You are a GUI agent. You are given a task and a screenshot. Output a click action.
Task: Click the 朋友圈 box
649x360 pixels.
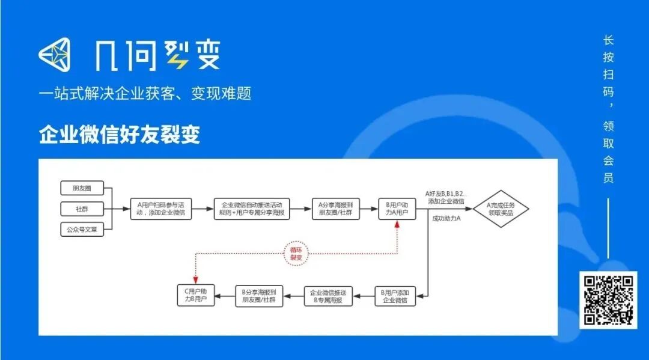(82, 188)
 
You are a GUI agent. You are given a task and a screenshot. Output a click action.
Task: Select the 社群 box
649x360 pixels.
(82, 209)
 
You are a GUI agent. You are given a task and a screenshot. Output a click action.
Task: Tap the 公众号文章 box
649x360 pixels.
(82, 229)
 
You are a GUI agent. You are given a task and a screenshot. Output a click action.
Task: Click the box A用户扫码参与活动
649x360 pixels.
(161, 209)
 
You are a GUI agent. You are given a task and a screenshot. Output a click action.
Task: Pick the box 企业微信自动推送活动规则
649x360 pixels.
(252, 209)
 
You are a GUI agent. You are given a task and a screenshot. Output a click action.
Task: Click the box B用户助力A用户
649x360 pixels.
(397, 209)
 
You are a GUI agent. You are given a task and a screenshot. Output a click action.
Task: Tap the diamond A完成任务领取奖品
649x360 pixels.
(500, 209)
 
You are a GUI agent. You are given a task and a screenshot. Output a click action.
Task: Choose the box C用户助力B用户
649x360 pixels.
(195, 294)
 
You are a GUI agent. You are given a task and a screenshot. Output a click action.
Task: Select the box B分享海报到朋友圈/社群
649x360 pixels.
(258, 294)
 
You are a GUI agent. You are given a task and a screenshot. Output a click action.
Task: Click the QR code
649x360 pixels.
(608, 299)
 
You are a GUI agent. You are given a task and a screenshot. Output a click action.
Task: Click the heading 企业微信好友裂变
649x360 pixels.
(120, 135)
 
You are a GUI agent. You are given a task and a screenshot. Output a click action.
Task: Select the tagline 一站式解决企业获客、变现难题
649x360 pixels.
(145, 93)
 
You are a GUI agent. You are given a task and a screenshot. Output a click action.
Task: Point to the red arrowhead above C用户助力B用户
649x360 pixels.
(195, 278)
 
